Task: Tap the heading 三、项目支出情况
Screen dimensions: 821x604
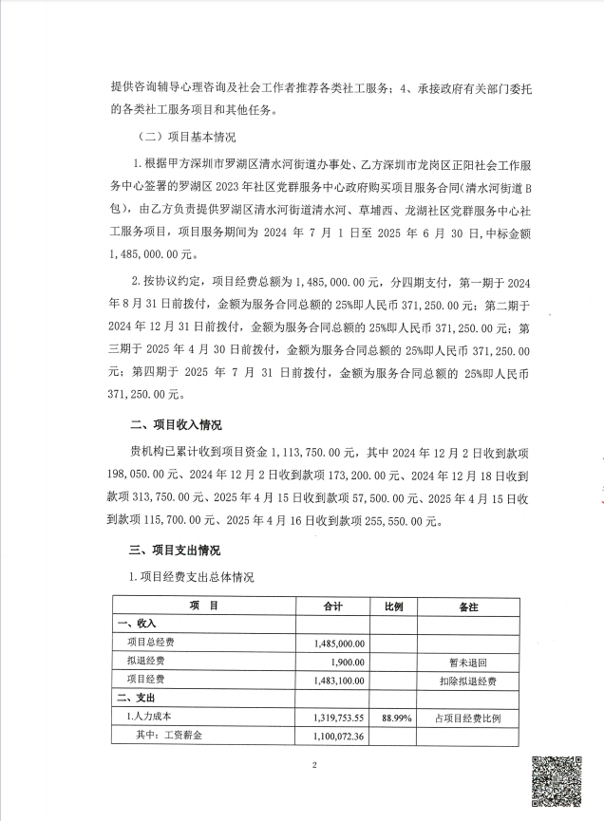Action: coord(177,550)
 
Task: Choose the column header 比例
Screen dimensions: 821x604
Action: coord(393,605)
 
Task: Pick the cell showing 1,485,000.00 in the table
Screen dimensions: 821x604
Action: coord(339,643)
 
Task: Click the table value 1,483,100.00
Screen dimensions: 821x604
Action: coord(339,680)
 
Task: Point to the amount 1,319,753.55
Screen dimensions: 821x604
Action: coord(339,717)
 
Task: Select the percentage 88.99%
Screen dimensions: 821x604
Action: coord(395,717)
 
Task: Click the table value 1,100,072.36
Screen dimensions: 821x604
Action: coord(339,736)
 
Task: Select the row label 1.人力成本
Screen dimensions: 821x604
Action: coord(149,717)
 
